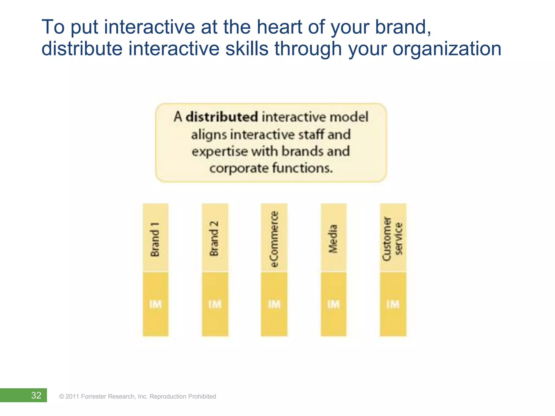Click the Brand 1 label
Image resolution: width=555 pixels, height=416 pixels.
click(x=155, y=239)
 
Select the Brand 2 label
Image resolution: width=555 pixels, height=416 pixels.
click(x=214, y=238)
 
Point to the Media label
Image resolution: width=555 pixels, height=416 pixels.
click(x=333, y=239)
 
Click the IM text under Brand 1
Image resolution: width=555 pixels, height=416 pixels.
click(x=155, y=304)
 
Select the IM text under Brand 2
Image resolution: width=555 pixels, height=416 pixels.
click(x=215, y=304)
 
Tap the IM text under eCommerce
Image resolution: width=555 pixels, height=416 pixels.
click(x=274, y=304)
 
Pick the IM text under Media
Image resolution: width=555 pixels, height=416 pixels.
click(x=333, y=304)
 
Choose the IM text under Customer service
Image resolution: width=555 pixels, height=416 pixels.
click(x=393, y=304)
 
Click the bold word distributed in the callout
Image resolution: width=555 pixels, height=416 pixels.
click(x=222, y=117)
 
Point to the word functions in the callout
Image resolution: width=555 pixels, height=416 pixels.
click(x=302, y=168)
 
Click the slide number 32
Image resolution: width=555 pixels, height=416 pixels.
click(x=36, y=395)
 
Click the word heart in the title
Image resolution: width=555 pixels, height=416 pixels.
click(x=279, y=27)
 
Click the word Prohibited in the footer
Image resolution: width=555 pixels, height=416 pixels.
click(x=202, y=396)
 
